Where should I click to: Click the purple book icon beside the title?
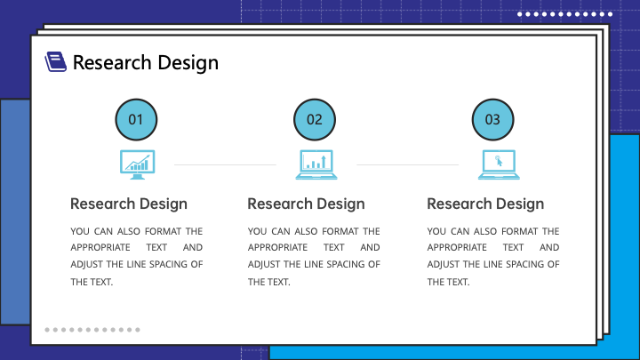click(x=55, y=61)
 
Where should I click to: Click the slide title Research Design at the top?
click(x=146, y=63)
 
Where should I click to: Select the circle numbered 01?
click(x=136, y=120)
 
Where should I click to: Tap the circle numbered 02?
click(x=315, y=120)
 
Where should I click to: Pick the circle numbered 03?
click(x=492, y=120)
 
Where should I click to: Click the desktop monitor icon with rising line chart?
click(x=137, y=164)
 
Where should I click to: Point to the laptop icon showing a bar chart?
click(x=316, y=164)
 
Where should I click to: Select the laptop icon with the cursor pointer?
click(x=499, y=164)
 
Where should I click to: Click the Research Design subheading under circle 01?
click(x=129, y=204)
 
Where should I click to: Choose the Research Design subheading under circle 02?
click(x=306, y=204)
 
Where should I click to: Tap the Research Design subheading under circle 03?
click(x=485, y=204)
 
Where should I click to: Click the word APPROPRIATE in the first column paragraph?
click(x=100, y=247)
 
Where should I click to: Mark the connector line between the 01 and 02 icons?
click(x=225, y=165)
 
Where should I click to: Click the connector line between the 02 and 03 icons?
click(x=408, y=165)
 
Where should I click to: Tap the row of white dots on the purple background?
click(x=565, y=14)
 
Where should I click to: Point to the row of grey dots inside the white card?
click(x=92, y=330)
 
